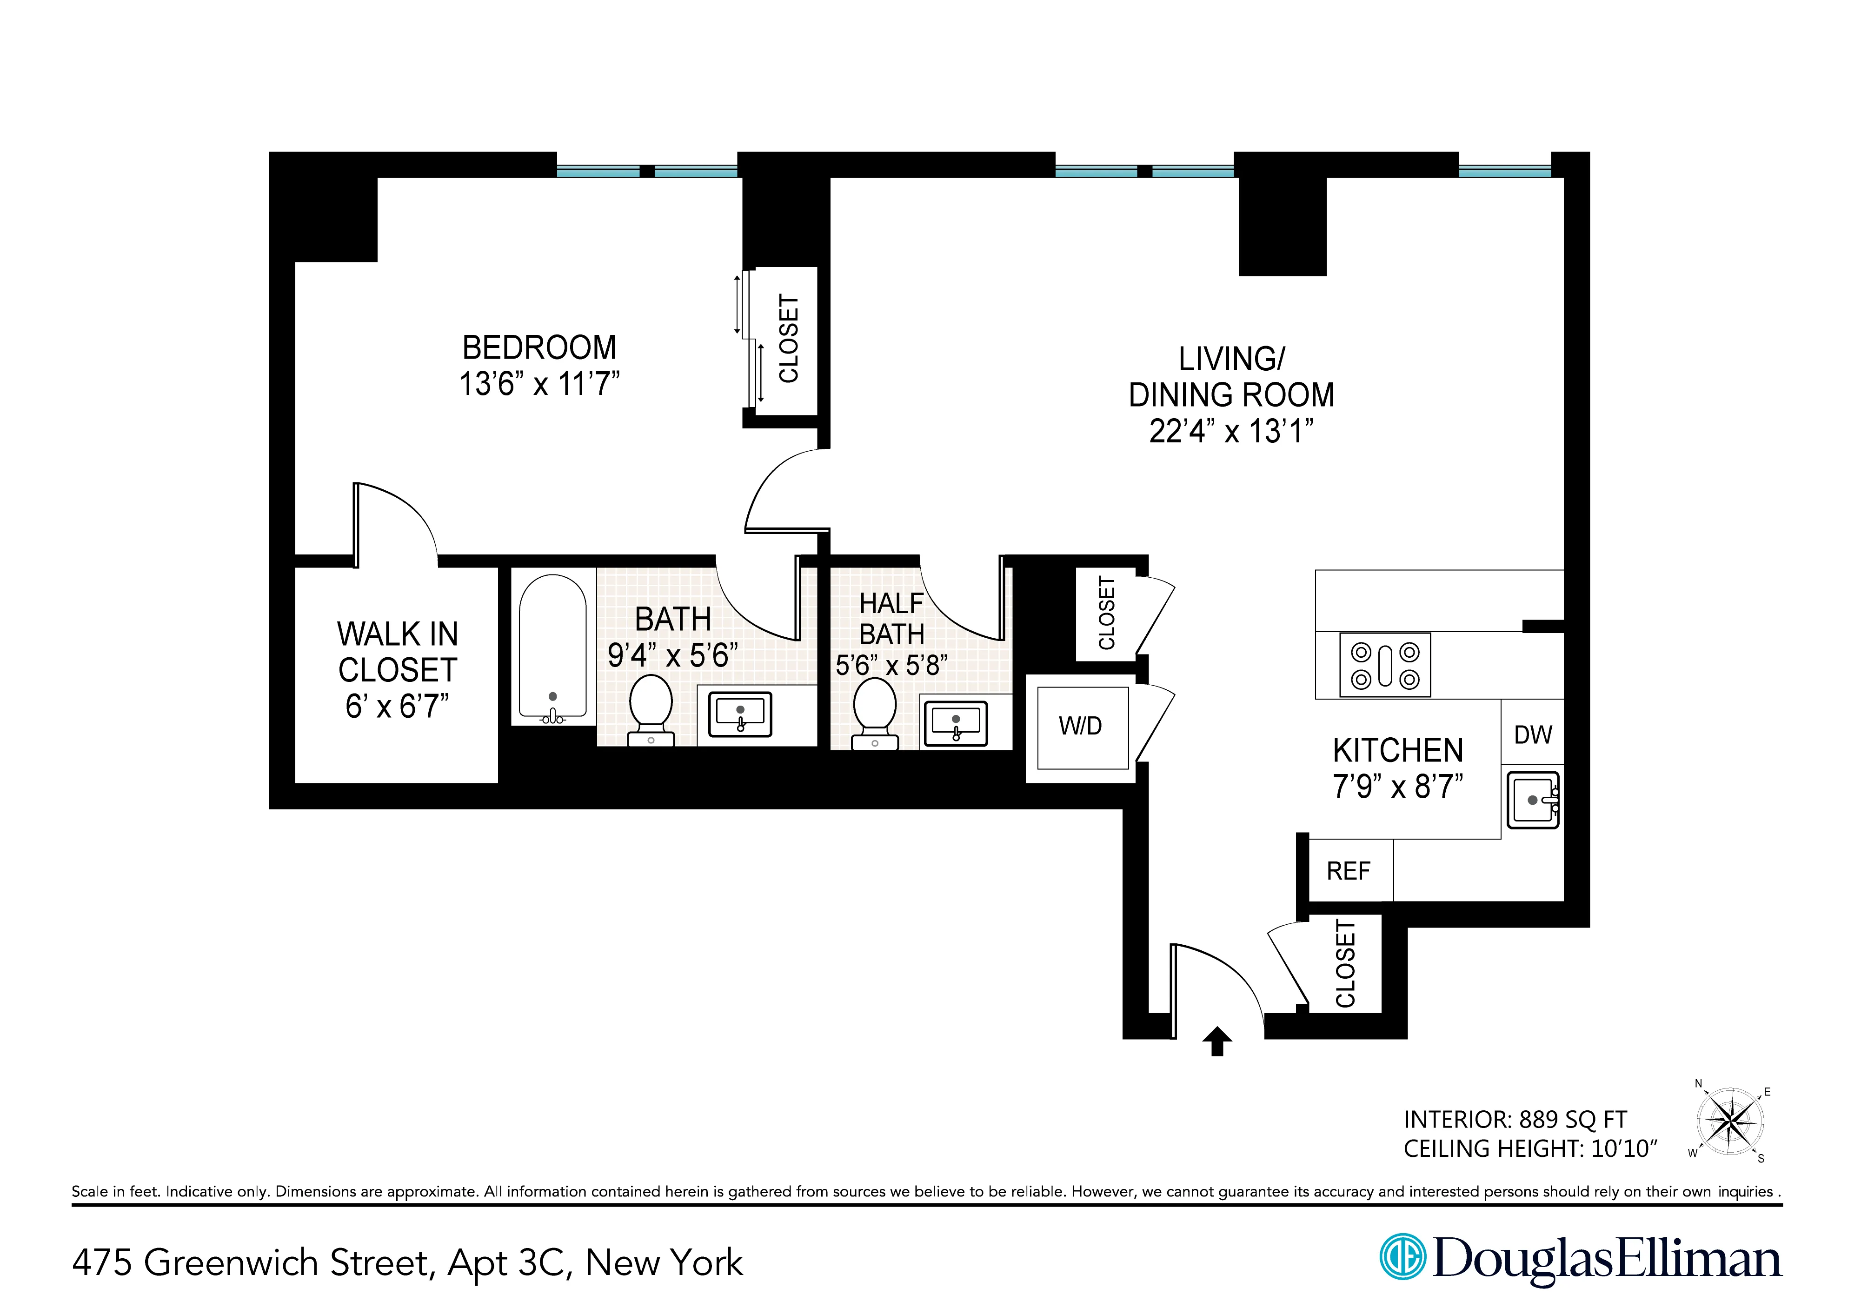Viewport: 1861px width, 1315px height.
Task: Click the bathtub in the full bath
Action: point(553,647)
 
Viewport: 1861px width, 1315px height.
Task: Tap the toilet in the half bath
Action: point(875,711)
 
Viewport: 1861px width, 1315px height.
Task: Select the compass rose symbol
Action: point(1730,1122)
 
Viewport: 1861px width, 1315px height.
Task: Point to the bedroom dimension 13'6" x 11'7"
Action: point(539,383)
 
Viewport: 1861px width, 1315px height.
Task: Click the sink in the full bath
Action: point(740,715)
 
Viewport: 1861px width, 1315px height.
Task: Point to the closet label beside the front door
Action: point(1345,963)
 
